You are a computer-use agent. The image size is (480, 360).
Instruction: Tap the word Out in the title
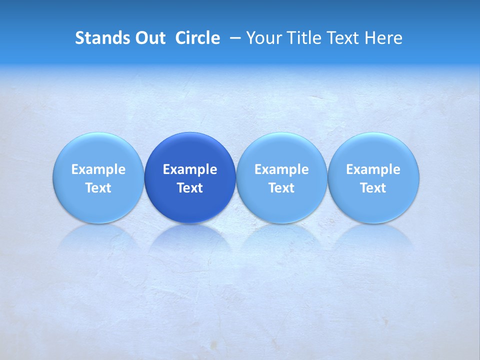(x=149, y=38)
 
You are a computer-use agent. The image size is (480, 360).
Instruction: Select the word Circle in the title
(x=197, y=38)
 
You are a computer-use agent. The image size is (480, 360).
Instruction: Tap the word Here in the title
(x=384, y=38)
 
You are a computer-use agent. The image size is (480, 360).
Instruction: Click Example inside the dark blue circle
(x=190, y=169)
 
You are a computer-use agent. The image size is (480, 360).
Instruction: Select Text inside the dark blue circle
(x=190, y=188)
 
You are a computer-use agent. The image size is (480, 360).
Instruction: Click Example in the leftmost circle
(x=98, y=169)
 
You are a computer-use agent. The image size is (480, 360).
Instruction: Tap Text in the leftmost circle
(x=98, y=188)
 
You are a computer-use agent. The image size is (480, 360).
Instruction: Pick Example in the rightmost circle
(x=373, y=169)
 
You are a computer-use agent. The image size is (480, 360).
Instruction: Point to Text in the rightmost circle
(x=373, y=188)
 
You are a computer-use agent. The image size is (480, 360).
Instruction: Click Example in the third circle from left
(x=281, y=169)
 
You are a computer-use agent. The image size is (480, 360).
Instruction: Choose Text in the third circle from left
(x=281, y=188)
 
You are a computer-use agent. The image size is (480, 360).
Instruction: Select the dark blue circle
(x=190, y=150)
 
